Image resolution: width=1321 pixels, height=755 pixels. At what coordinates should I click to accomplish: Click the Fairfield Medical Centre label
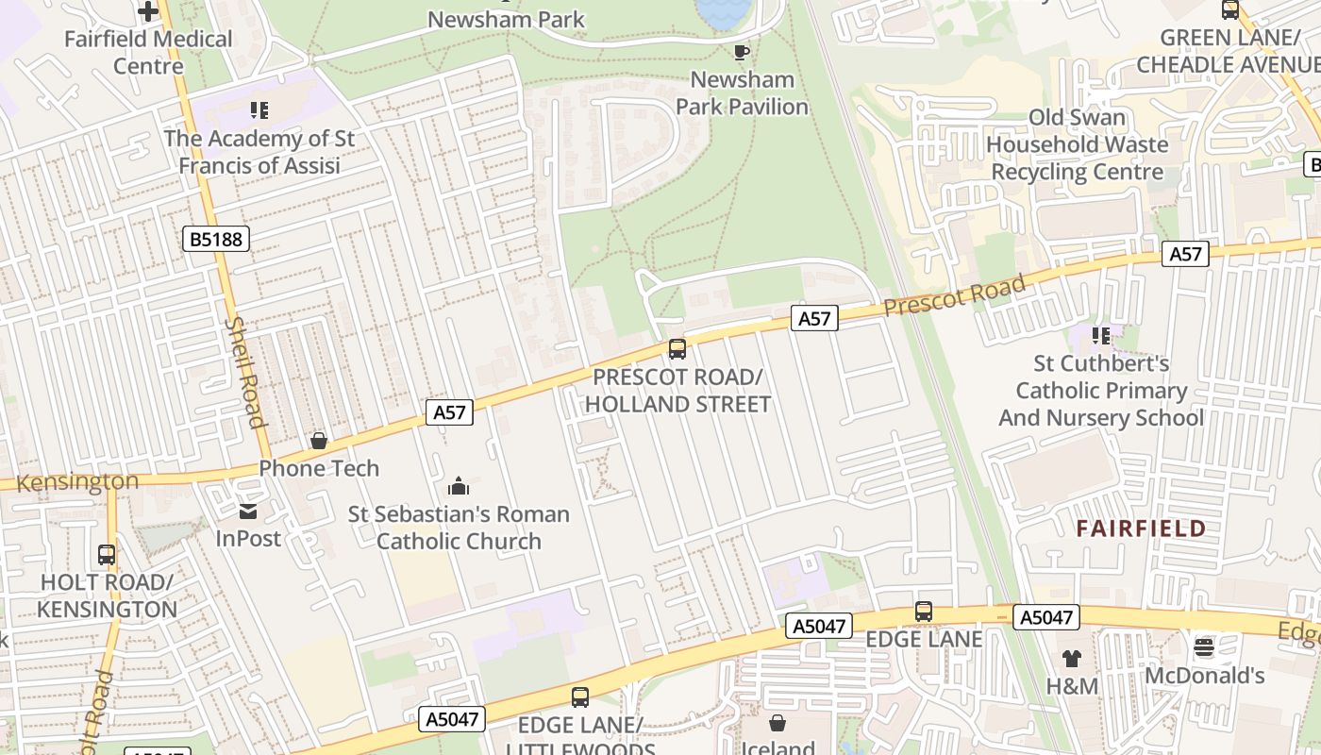(148, 52)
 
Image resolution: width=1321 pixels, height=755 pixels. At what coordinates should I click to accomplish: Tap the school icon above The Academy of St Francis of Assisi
(259, 110)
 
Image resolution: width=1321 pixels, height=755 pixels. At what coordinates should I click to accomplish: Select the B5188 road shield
(216, 239)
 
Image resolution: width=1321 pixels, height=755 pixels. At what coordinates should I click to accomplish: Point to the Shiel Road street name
(244, 372)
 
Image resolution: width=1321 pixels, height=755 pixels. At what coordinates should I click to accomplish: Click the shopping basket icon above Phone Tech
(319, 441)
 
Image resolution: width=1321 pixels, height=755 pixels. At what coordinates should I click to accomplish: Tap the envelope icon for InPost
(248, 512)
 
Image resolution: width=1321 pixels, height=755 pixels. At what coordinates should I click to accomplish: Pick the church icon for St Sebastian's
(459, 487)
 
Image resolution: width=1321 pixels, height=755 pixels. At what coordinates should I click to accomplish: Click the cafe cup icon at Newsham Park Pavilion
(742, 52)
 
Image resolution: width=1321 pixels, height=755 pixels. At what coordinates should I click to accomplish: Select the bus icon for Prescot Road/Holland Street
(677, 349)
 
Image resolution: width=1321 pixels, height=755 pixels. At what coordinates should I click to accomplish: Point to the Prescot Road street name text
(955, 296)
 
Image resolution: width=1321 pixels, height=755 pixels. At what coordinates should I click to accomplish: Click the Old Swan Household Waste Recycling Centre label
(1078, 144)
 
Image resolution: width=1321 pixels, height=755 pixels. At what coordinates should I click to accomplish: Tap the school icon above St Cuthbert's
(1100, 336)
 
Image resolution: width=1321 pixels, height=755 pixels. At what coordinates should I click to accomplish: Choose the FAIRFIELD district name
(1142, 528)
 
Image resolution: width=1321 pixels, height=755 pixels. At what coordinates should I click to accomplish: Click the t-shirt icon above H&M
(1071, 658)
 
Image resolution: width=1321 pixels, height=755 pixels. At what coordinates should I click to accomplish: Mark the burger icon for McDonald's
(1204, 647)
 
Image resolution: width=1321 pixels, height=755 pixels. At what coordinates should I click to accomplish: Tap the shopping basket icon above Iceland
(778, 723)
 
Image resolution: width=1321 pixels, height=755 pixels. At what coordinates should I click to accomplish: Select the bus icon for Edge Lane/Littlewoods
(580, 697)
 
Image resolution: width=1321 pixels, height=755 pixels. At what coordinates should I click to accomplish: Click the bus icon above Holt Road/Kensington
(107, 555)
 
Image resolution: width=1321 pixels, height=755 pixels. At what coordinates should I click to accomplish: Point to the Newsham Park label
(506, 19)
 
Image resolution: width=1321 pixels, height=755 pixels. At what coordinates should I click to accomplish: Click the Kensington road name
(77, 481)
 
